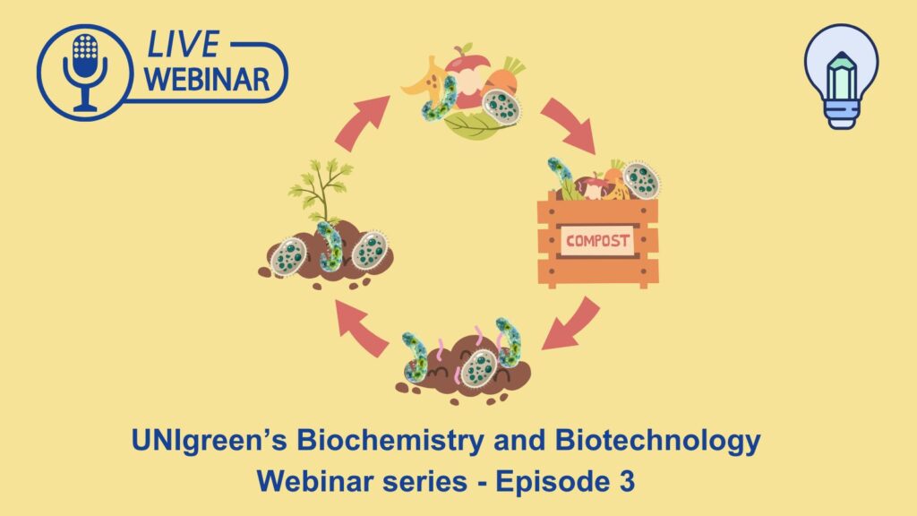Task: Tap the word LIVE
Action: coord(183,45)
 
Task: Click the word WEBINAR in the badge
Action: coord(207,80)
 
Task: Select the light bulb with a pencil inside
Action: coord(842,76)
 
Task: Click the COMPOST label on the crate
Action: coord(597,240)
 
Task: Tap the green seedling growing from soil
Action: coord(322,187)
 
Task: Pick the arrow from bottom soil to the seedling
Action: coord(361,327)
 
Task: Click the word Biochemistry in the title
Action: coord(390,441)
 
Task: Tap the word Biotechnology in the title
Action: coord(657,442)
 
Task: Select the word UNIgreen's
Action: coord(210,442)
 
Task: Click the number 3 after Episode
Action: coord(626,481)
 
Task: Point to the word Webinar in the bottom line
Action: coord(314,481)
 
